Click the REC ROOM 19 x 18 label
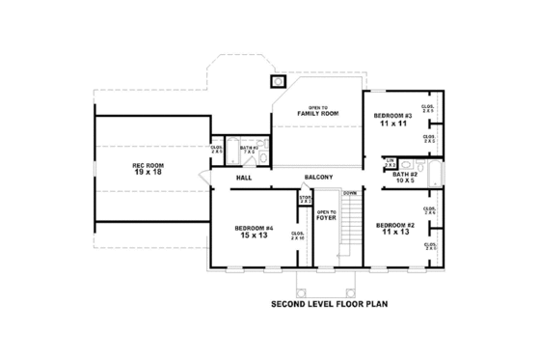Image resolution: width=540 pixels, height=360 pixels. [x=148, y=169]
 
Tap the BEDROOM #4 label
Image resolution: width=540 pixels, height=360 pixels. [x=255, y=228]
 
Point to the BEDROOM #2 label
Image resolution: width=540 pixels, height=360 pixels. [x=395, y=227]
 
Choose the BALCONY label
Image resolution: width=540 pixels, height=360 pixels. [x=318, y=178]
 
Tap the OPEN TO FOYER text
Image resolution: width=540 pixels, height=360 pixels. [x=326, y=213]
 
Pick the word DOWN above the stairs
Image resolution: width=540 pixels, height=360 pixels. [x=349, y=193]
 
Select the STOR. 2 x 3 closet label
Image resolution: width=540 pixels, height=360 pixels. [x=305, y=200]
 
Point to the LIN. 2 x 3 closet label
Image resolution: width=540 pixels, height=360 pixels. [x=390, y=164]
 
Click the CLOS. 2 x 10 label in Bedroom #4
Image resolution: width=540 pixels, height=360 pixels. [x=298, y=235]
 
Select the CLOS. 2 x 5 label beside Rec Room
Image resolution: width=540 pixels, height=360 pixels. [x=216, y=150]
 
